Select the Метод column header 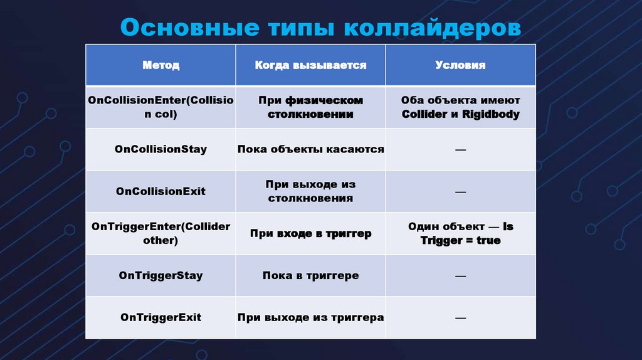pyautogui.click(x=160, y=65)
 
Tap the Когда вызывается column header pyautogui.click(x=310, y=65)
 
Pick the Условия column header pyautogui.click(x=460, y=65)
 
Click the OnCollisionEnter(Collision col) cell pyautogui.click(x=160, y=107)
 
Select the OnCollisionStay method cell pyautogui.click(x=160, y=149)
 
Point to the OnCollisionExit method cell pyautogui.click(x=160, y=191)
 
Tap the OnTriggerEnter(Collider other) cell pyautogui.click(x=160, y=233)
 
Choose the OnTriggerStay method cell pyautogui.click(x=160, y=275)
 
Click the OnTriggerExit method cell pyautogui.click(x=160, y=317)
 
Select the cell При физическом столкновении pyautogui.click(x=310, y=107)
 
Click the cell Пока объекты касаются pyautogui.click(x=310, y=149)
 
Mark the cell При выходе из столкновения pyautogui.click(x=310, y=191)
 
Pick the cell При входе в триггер pyautogui.click(x=310, y=233)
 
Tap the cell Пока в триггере pyautogui.click(x=310, y=275)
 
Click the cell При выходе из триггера pyautogui.click(x=310, y=317)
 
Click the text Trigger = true pyautogui.click(x=460, y=240)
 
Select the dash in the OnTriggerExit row pyautogui.click(x=460, y=318)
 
